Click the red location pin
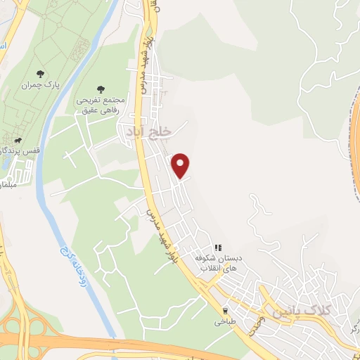(181, 165)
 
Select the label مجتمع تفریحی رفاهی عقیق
(101, 104)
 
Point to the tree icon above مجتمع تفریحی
(101, 89)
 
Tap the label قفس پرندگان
(22, 149)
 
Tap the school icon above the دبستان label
(219, 248)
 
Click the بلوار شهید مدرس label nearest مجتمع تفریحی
(147, 63)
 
